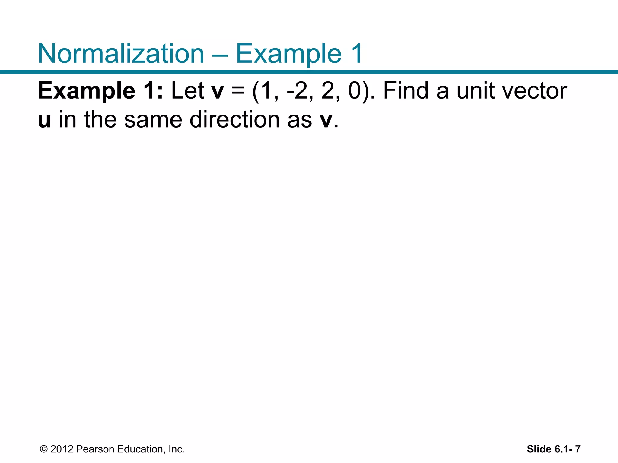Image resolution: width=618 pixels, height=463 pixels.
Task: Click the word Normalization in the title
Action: click(121, 53)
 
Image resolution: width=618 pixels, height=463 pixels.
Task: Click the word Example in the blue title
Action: click(288, 53)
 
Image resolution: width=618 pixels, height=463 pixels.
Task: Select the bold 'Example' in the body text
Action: click(86, 91)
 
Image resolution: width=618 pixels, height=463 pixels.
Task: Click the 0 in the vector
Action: click(355, 91)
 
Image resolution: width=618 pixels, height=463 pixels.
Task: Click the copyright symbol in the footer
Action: click(44, 449)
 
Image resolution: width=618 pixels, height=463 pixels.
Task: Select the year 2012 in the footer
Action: click(62, 449)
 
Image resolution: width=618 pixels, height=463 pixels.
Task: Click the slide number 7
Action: click(578, 449)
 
